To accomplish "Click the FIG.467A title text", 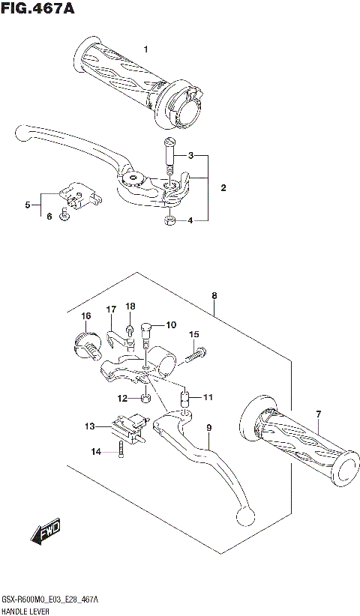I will [x=40, y=10].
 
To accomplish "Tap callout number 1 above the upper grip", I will [x=146, y=49].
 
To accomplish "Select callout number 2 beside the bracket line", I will [x=223, y=188].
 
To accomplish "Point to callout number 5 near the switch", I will [x=28, y=204].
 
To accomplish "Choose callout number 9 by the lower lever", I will [x=209, y=428].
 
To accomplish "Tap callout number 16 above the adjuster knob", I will [x=86, y=315].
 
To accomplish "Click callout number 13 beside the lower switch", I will [x=89, y=426].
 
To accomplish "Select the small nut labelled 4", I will [x=170, y=221].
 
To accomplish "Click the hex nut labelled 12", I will [x=145, y=398].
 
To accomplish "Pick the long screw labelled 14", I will [x=120, y=450].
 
